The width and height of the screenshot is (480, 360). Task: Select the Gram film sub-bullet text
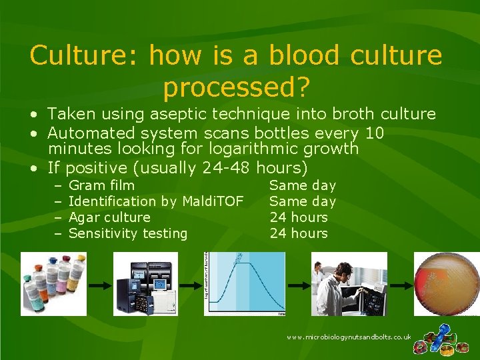pyautogui.click(x=101, y=185)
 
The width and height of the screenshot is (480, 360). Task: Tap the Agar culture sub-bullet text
pyautogui.click(x=109, y=217)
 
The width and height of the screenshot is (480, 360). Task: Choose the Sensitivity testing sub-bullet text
pyautogui.click(x=128, y=233)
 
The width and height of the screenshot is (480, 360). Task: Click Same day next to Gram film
pyautogui.click(x=302, y=185)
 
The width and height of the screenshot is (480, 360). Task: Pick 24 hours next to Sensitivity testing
pyautogui.click(x=299, y=233)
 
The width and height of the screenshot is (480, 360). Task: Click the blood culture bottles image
pyautogui.click(x=53, y=283)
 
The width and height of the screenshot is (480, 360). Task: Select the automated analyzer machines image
pyautogui.click(x=146, y=283)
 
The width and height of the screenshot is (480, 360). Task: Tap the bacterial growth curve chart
pyautogui.click(x=245, y=283)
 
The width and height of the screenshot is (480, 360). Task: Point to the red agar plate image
pyautogui.click(x=447, y=283)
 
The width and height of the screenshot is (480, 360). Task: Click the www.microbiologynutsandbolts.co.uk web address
pyautogui.click(x=349, y=337)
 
